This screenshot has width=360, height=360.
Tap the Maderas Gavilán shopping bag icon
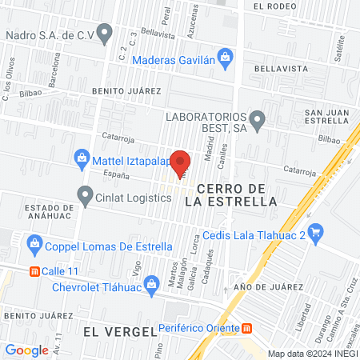click(226, 56)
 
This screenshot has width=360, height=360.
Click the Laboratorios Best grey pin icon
click(257, 122)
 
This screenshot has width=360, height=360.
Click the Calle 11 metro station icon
click(34, 270)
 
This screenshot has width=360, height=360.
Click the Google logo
click(27, 350)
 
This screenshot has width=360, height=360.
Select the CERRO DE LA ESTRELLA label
click(230, 194)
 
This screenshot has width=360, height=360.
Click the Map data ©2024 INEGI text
click(313, 354)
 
